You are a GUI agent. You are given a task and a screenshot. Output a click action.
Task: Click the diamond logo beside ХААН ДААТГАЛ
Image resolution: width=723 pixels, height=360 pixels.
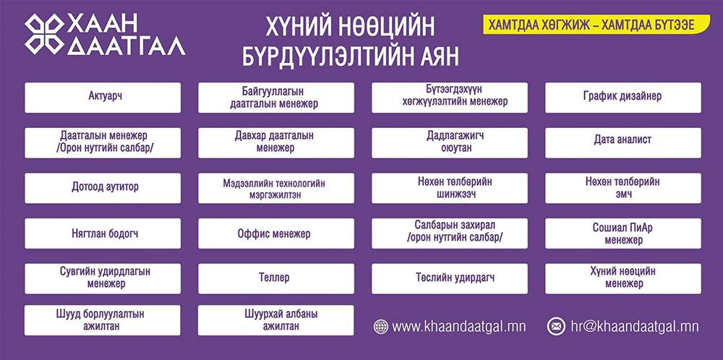[44, 35]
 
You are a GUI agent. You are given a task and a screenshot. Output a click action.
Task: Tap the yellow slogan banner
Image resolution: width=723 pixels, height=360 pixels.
[596, 25]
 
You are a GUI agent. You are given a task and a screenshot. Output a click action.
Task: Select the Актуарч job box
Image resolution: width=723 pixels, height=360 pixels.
[103, 98]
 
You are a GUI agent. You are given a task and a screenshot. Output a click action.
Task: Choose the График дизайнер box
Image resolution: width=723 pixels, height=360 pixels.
[623, 98]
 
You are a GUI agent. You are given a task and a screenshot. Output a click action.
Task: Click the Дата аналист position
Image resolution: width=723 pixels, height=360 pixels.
[623, 143]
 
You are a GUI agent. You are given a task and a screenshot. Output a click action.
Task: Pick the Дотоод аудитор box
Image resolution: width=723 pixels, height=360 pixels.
[103, 188]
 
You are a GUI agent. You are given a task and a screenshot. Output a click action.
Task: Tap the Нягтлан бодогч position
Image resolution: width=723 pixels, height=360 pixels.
[103, 233]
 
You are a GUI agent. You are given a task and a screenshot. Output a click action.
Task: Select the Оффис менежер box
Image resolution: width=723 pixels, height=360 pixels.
[276, 233]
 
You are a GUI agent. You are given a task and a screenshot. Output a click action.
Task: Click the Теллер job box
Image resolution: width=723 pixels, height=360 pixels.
[276, 278]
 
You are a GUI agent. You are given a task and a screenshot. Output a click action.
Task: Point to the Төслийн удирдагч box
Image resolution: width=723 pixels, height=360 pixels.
[450, 278]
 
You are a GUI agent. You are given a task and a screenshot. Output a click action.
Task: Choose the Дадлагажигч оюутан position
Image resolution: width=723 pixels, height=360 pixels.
[450, 143]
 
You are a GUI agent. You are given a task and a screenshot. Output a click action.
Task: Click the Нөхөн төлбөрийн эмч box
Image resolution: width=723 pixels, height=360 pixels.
[623, 188]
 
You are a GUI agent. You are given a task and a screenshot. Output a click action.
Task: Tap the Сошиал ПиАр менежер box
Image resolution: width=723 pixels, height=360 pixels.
[623, 233]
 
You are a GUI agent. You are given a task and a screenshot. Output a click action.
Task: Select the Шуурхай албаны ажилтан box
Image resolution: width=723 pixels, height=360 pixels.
[276, 320]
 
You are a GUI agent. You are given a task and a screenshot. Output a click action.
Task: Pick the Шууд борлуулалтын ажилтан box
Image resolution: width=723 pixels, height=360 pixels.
[103, 320]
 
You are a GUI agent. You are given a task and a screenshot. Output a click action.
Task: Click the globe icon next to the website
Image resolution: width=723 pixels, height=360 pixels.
[381, 326]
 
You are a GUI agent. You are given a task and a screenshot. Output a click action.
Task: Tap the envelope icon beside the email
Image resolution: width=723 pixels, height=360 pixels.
[556, 326]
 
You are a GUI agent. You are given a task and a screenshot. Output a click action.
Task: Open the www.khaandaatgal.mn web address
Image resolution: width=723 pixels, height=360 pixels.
[459, 327]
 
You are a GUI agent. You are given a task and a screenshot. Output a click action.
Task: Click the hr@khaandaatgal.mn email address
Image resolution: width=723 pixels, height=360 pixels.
[635, 327]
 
